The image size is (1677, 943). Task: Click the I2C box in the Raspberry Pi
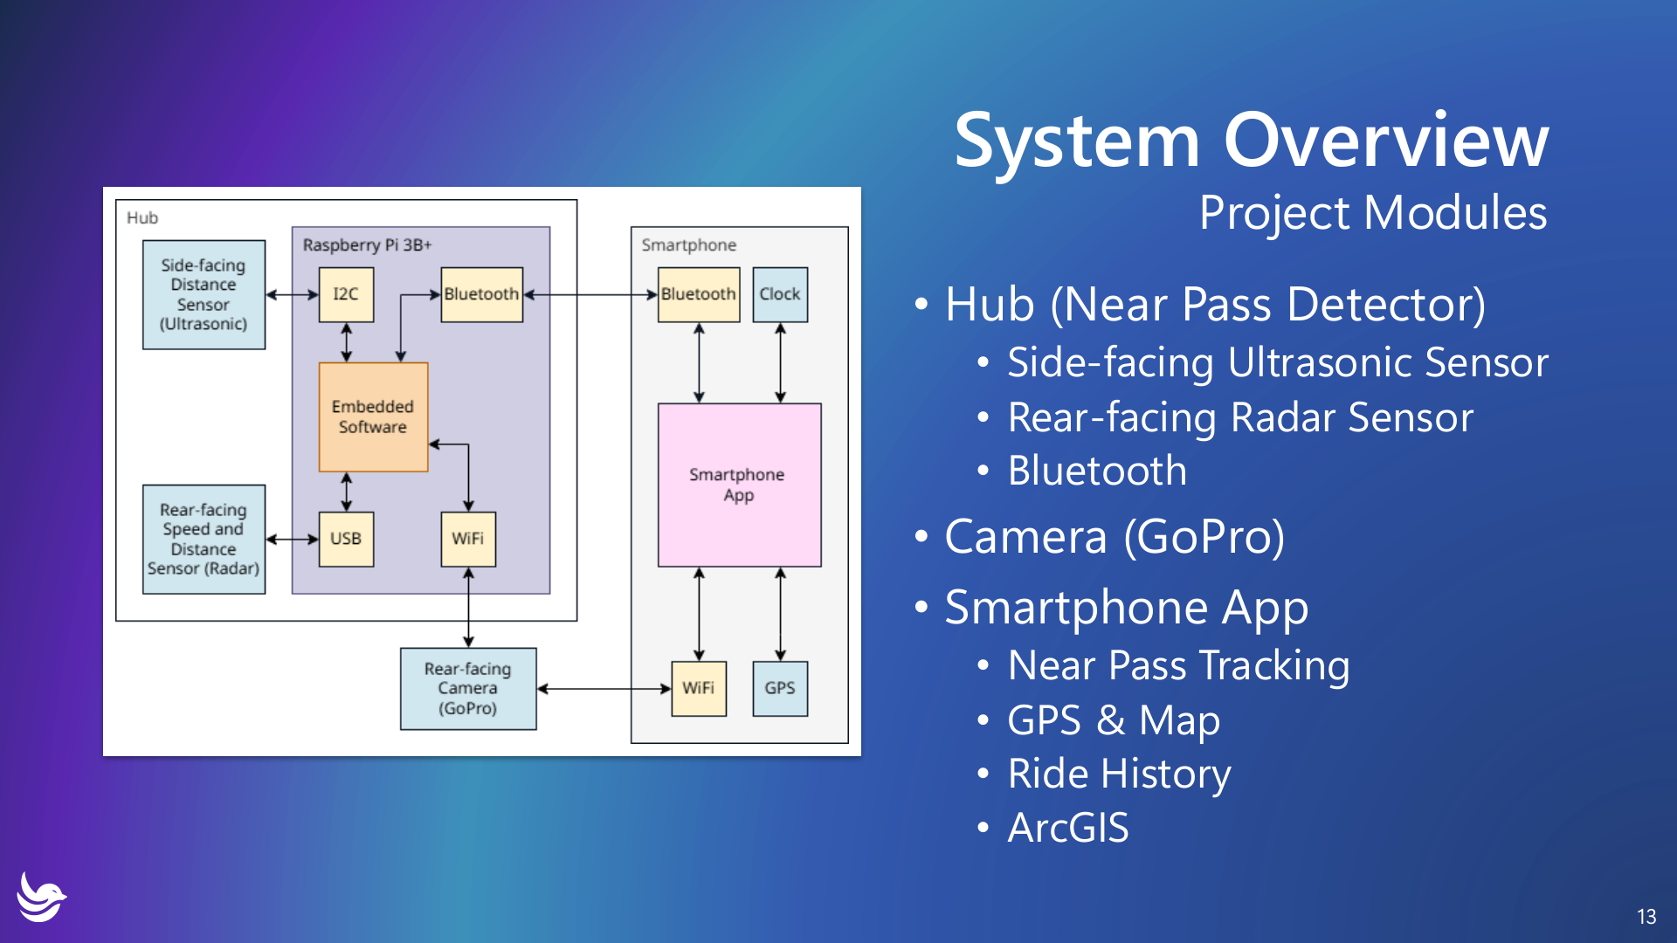point(346,294)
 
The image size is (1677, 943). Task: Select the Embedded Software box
point(373,417)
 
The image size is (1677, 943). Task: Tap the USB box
point(346,539)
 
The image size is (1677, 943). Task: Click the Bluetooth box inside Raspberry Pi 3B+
point(481,294)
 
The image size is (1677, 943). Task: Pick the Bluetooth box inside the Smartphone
point(698,294)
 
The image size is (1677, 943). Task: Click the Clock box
point(779,294)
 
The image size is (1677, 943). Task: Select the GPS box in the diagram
point(779,688)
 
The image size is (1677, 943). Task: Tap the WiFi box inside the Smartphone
point(698,688)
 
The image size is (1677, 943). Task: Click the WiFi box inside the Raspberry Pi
point(468,539)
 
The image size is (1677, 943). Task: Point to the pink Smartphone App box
point(739,485)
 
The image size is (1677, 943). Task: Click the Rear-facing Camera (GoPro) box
point(468,688)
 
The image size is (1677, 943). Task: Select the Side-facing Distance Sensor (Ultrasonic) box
point(204,294)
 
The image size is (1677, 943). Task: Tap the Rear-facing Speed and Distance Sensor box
point(204,539)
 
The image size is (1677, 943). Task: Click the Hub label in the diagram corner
point(142,217)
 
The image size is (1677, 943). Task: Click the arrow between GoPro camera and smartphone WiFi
point(603,688)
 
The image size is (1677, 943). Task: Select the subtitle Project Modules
point(1372,213)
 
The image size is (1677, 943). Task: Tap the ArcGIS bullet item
point(1067,828)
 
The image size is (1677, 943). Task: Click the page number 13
point(1646,916)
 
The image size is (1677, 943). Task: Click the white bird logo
point(40,897)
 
